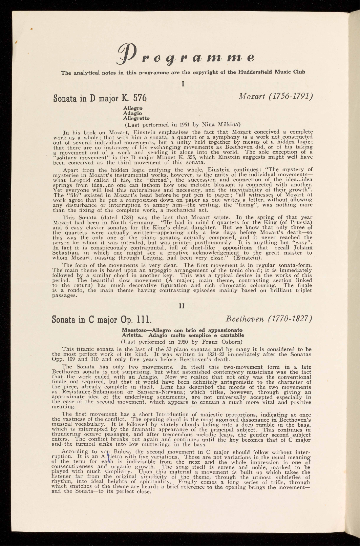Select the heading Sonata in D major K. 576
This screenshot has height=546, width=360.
click(100, 98)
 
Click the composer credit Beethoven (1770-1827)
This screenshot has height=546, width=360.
click(269, 319)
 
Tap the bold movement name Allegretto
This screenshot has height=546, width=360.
click(136, 118)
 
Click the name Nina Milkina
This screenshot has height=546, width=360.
click(225, 123)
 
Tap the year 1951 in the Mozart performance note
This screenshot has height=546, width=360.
click(182, 123)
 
